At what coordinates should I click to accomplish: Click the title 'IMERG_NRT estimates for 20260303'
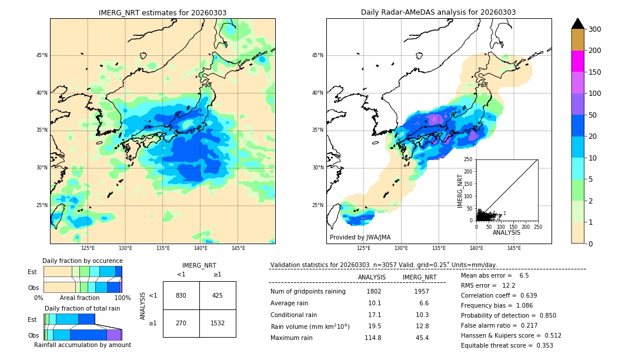pos(162,12)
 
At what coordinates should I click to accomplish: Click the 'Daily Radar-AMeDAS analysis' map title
pos(439,12)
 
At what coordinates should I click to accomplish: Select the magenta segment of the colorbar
pos(577,61)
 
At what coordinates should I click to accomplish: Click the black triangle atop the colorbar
pos(577,24)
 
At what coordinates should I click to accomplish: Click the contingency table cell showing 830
pos(181,295)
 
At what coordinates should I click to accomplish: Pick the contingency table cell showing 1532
pos(218,323)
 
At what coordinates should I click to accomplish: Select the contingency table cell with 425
pos(218,295)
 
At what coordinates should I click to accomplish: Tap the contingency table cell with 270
pos(181,323)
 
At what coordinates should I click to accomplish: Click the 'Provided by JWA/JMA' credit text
pos(360,238)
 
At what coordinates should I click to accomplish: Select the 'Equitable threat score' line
pos(507,345)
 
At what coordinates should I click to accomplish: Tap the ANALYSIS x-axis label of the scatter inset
pos(506,232)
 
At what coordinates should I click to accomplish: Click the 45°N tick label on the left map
pos(42,55)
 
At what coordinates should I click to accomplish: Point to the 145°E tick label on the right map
pos(514,248)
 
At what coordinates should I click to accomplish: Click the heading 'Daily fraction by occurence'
pos(82,261)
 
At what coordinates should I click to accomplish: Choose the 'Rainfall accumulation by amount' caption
pos(82,345)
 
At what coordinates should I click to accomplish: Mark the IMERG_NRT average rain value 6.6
pos(423,303)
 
